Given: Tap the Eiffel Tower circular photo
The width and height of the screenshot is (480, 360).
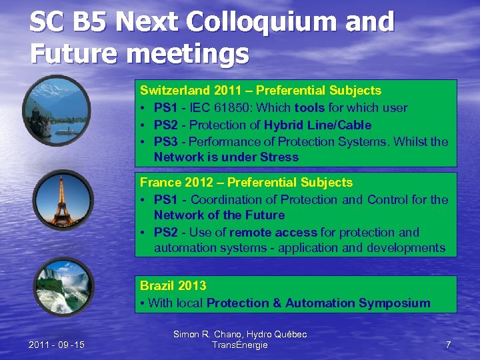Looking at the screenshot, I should [x=63, y=200].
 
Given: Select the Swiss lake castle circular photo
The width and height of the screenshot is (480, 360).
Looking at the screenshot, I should [x=56, y=109].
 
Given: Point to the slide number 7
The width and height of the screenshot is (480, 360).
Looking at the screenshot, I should [x=448, y=345].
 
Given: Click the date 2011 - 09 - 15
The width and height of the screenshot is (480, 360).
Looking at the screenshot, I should [x=57, y=345].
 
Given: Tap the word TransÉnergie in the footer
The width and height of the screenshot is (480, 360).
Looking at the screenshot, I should [x=239, y=345].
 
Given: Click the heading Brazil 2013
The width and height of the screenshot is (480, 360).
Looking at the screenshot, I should [x=173, y=285].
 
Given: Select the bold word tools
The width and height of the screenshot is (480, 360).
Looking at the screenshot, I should [x=309, y=107].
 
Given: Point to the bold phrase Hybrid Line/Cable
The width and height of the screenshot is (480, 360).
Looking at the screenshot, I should [x=317, y=125].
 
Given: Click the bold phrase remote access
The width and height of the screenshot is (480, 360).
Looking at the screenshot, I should [x=273, y=232].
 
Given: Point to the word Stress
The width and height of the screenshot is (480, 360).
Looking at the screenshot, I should [x=281, y=157].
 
